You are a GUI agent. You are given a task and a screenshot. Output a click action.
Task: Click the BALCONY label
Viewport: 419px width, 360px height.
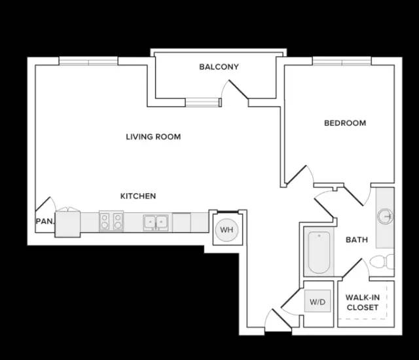(x=219, y=67)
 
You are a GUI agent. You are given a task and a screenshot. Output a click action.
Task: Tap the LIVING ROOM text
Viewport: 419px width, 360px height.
(x=153, y=137)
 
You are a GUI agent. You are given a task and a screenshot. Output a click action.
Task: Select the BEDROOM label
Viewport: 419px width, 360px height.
(x=345, y=123)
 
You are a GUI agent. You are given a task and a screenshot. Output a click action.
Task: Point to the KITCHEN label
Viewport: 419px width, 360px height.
(x=138, y=196)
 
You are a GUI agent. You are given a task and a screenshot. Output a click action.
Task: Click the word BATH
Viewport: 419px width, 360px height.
(x=357, y=240)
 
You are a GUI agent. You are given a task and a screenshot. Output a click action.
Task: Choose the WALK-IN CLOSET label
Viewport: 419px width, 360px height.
(x=363, y=302)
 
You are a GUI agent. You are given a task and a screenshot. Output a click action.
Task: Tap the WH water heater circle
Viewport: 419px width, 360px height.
(x=227, y=230)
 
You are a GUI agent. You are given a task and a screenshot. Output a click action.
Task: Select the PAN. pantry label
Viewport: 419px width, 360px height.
(x=45, y=221)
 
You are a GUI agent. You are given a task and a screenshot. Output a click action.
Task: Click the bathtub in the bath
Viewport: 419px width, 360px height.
(x=319, y=253)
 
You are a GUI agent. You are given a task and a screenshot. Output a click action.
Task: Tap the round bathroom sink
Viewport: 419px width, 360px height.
(x=385, y=216)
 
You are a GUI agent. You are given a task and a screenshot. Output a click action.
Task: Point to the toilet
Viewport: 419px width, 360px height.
(x=382, y=261)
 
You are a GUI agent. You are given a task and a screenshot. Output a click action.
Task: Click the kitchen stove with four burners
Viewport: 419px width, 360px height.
(x=111, y=221)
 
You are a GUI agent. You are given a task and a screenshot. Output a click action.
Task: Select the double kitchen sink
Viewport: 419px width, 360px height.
(x=156, y=223)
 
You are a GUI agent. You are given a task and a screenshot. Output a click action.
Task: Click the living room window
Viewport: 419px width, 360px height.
(x=88, y=62)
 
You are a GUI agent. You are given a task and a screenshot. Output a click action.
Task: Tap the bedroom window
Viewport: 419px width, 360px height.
(x=342, y=62)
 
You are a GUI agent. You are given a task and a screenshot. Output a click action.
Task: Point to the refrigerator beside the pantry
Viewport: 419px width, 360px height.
(x=67, y=224)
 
